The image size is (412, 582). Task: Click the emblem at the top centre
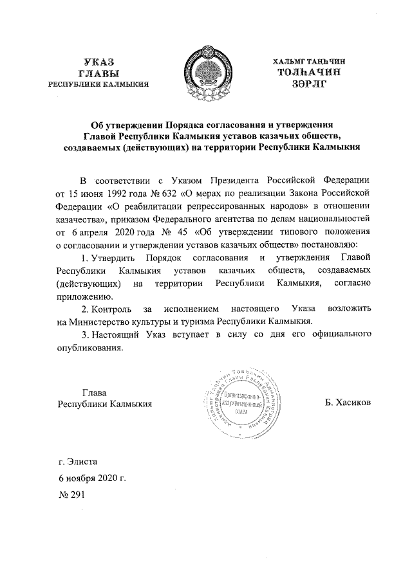[x=206, y=73]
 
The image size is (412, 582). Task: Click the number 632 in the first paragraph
[x=159, y=192]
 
